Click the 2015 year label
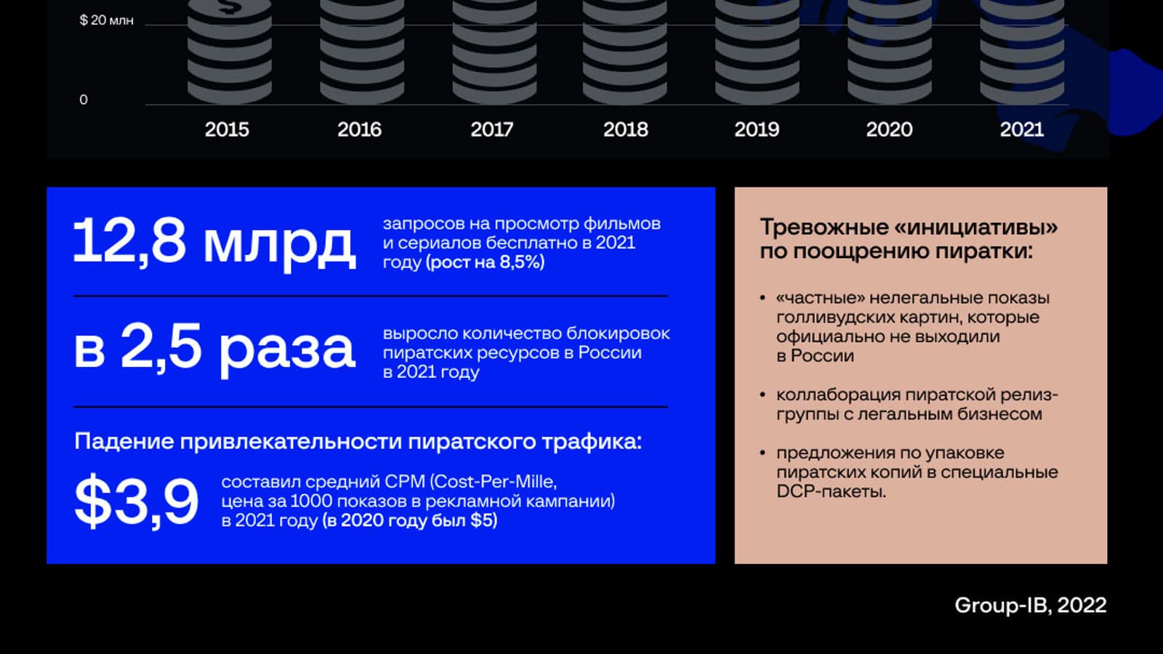(227, 129)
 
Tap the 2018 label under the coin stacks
(626, 129)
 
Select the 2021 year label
(1022, 129)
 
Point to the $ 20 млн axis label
(106, 20)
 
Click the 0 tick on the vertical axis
(84, 100)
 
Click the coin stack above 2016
(362, 51)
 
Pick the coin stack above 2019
(757, 51)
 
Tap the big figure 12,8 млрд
(214, 243)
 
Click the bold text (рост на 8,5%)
(485, 262)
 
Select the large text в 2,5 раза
(214, 348)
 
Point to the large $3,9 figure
(136, 501)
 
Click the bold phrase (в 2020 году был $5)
(410, 520)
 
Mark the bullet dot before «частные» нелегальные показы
(762, 298)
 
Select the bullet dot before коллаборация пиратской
(762, 395)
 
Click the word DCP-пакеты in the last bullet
(832, 491)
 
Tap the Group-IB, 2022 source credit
(1031, 605)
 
